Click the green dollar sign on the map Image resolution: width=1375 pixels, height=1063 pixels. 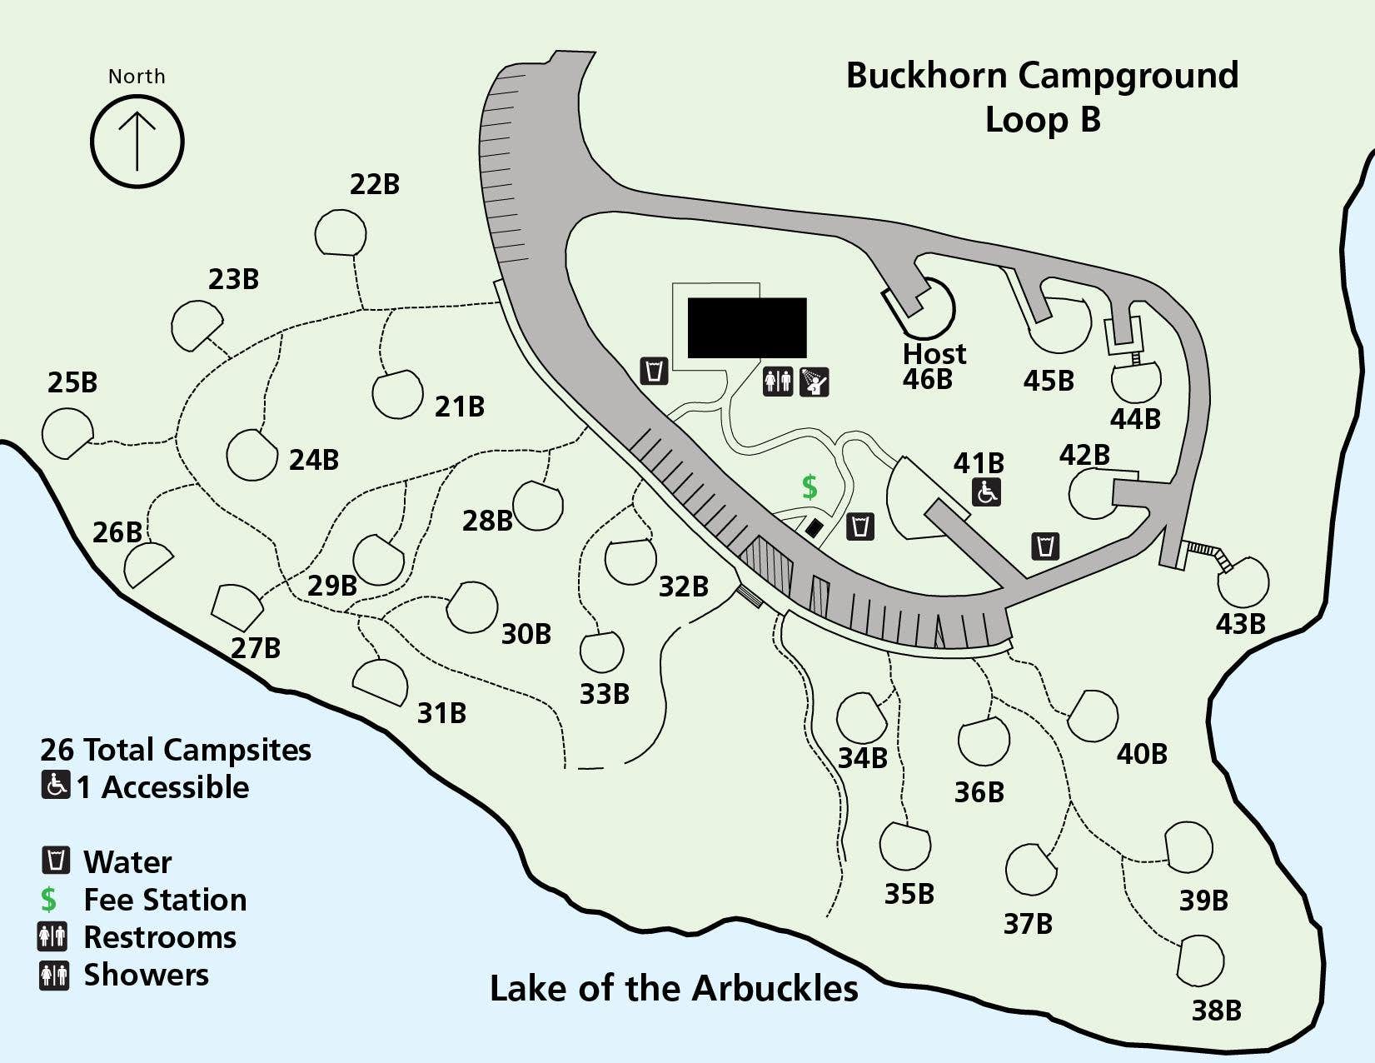coord(810,487)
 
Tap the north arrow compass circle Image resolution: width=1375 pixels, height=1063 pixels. coord(137,141)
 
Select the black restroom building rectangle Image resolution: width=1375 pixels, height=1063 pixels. coord(747,327)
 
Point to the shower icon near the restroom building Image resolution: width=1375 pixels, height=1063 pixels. coord(814,382)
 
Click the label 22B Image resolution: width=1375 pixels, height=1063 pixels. coord(375,184)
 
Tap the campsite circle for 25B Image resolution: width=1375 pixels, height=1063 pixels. coord(67,432)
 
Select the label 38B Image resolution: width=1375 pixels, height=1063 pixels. coord(1216,1011)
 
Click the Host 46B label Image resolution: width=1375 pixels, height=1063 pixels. coord(933,367)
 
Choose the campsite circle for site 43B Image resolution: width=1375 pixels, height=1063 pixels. coord(1243,582)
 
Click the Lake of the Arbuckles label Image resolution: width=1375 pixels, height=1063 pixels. coord(674,989)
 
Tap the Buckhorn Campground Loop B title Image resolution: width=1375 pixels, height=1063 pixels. coord(1042,97)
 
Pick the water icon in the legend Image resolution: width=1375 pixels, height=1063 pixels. coord(56,860)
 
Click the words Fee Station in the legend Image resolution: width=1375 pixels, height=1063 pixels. coord(165,900)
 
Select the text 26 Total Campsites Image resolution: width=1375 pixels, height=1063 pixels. coord(176,750)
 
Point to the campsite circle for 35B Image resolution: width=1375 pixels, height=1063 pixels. coord(905,847)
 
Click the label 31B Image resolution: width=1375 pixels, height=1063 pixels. coord(441,713)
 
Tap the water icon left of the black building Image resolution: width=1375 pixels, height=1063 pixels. coord(655,370)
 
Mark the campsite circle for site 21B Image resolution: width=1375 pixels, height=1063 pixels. coord(397,394)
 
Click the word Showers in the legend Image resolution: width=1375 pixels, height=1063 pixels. coord(147,975)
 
